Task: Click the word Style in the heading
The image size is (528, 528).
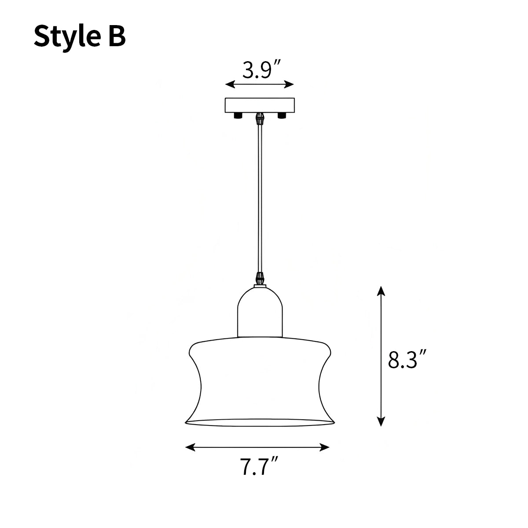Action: pos(62,37)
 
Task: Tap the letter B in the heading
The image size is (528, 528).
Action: pos(115,37)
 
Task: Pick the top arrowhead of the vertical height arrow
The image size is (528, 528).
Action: pos(381,290)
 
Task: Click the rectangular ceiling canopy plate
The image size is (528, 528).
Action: pos(259,105)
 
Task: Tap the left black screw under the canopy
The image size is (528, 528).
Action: pos(238,115)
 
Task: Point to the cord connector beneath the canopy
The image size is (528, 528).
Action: pos(260,118)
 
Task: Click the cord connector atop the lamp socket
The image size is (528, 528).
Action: pos(260,279)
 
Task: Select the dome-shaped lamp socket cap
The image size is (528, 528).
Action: pos(260,312)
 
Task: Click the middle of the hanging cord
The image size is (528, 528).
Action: pos(260,198)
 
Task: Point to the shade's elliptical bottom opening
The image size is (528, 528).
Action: pos(260,423)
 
